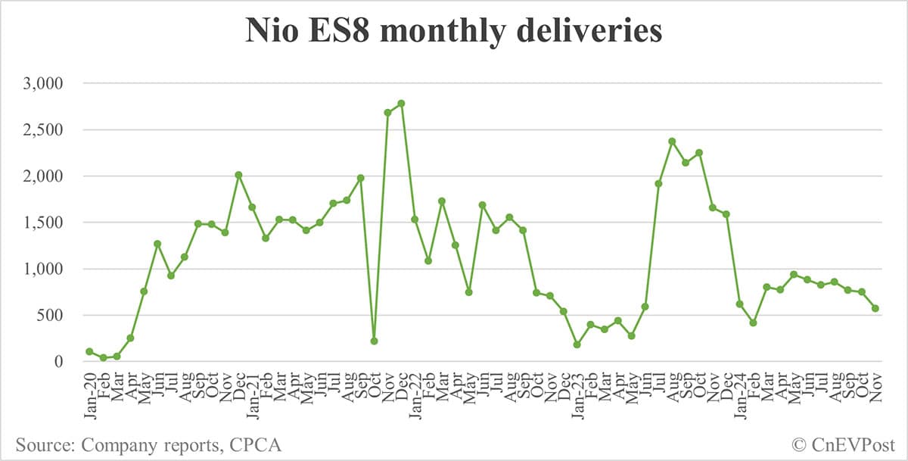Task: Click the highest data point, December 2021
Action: pyautogui.click(x=401, y=103)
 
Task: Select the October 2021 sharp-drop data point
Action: pyautogui.click(x=374, y=341)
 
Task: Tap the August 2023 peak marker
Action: pyautogui.click(x=672, y=141)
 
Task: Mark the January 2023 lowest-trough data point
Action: pyautogui.click(x=577, y=344)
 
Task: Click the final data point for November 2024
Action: pyautogui.click(x=875, y=308)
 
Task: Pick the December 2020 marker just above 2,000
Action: pyautogui.click(x=238, y=175)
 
